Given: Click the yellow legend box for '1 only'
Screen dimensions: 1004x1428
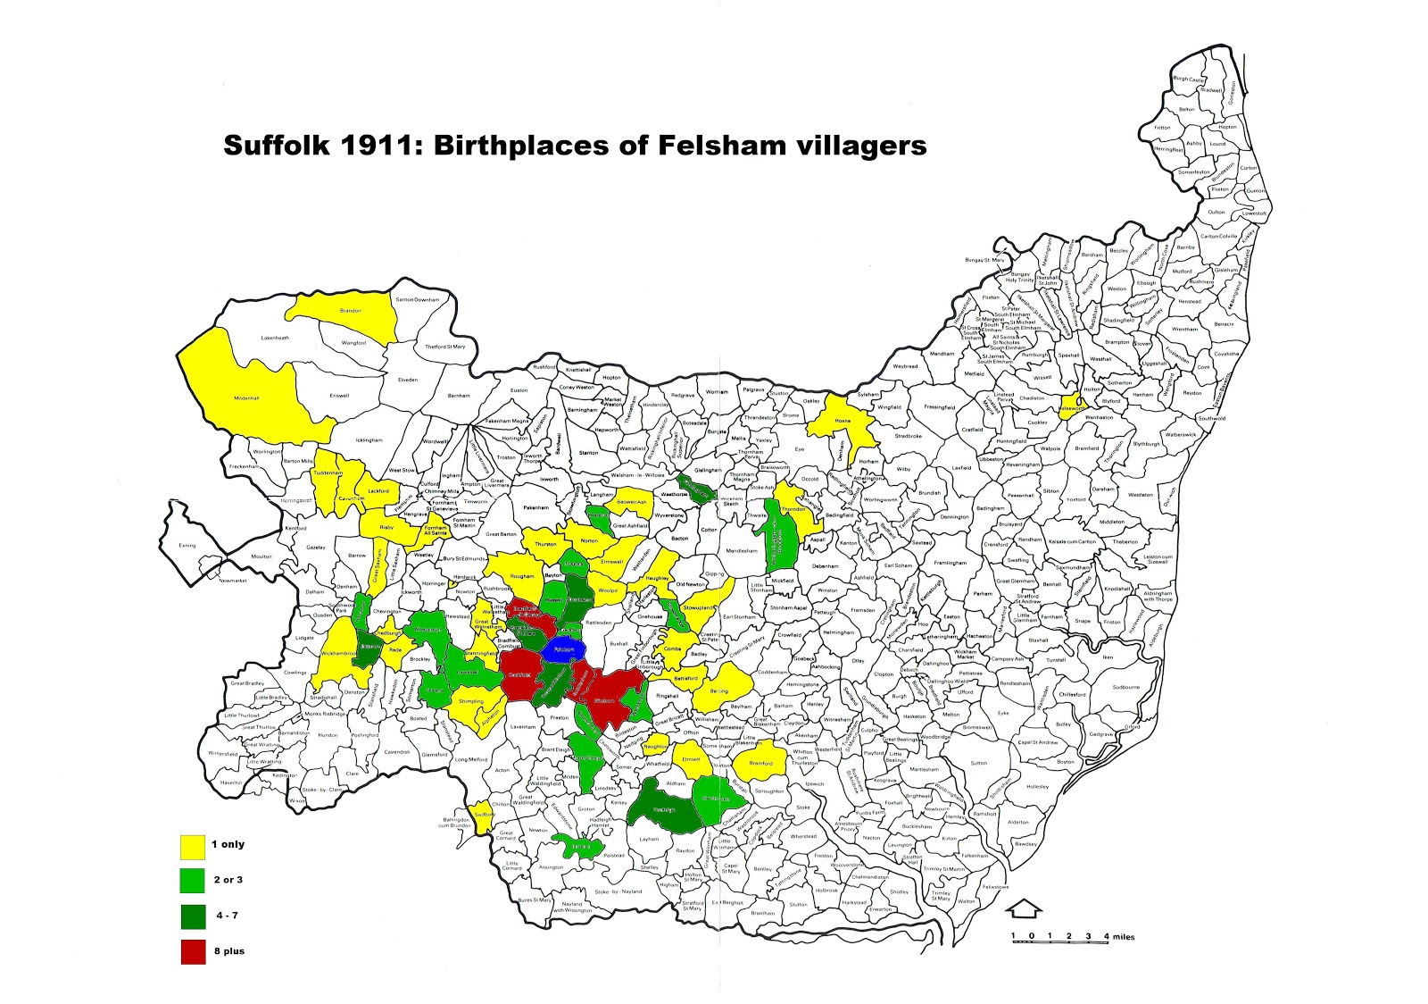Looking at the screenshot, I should (x=193, y=846).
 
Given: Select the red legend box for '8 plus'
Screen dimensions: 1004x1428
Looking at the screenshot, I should (x=193, y=952).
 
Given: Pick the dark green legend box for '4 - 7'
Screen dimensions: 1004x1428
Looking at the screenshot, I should (x=193, y=916).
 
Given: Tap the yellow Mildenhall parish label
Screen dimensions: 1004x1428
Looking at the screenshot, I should (x=245, y=398).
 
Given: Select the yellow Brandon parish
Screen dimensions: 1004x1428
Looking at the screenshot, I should (x=350, y=311).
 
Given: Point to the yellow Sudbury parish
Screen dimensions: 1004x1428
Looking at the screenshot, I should (x=482, y=816).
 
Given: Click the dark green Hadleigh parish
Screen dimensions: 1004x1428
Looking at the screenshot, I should (x=663, y=809).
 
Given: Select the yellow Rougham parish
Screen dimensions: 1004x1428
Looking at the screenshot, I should (x=521, y=576).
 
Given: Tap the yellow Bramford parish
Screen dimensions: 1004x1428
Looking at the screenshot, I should (x=760, y=764).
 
